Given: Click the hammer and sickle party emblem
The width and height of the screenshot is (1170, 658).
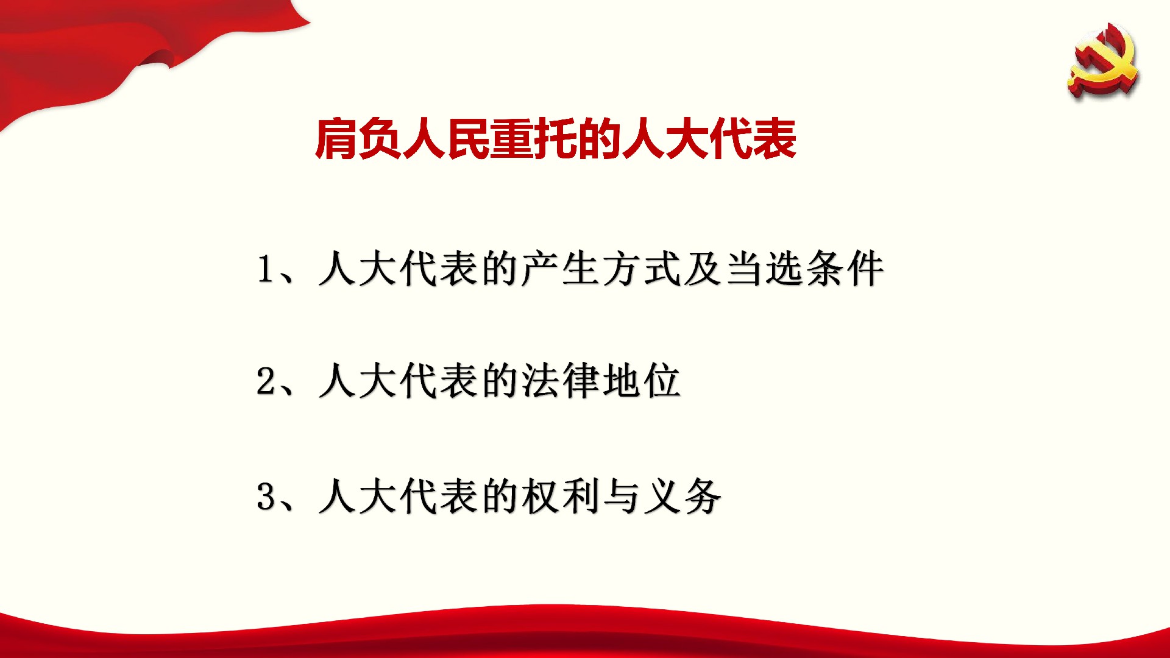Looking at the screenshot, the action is [1103, 60].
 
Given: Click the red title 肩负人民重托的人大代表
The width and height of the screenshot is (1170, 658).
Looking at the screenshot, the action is [556, 140].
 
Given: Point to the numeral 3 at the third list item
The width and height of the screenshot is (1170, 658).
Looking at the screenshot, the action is [266, 496].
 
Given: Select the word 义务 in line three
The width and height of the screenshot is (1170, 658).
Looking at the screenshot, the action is [682, 496].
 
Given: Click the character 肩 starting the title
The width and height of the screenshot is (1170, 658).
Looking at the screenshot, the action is [336, 140].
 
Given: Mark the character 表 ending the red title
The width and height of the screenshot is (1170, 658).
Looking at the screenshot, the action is [776, 140].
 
